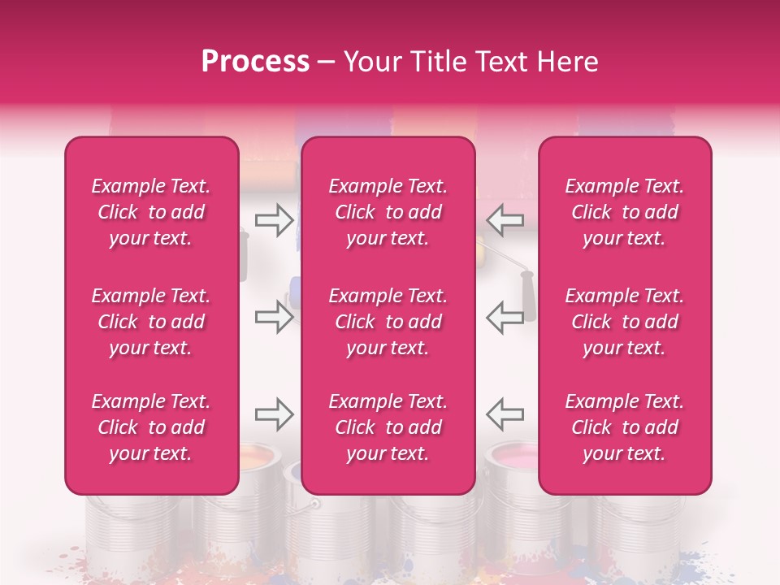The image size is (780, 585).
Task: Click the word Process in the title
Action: coord(255,61)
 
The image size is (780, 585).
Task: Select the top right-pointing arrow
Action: coord(274,220)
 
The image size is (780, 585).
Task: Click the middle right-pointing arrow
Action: coord(274,317)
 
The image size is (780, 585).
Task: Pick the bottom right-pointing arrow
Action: coord(274,414)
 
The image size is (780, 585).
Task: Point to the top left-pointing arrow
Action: coord(505,220)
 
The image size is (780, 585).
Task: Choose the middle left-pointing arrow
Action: coord(505,317)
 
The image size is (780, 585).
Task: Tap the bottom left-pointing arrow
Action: coord(505,414)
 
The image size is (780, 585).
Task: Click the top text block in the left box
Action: coord(151,212)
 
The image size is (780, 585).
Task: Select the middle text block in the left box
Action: coord(151,322)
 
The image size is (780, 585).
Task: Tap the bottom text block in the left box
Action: coord(151,427)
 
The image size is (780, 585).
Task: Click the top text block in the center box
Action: coord(388,212)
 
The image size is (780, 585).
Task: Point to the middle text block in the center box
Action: coord(388,322)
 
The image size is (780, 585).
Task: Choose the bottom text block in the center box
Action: coord(388,427)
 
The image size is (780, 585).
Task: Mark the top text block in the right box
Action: coord(625,212)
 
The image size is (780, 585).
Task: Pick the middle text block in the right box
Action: coord(625,322)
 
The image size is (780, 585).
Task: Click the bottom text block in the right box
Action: coord(625,427)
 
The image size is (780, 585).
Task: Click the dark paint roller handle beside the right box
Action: coord(527,297)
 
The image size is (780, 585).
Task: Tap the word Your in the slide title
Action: coord(373,61)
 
